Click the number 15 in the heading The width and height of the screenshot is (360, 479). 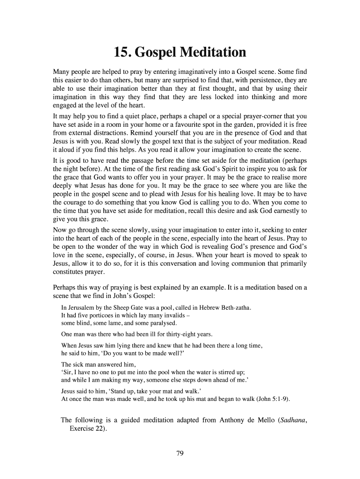click(122, 52)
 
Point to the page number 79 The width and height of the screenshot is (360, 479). click(180, 453)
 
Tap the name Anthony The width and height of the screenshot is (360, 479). click(217, 420)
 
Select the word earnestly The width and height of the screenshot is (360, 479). click(282, 211)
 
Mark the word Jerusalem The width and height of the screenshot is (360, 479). click(82, 308)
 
